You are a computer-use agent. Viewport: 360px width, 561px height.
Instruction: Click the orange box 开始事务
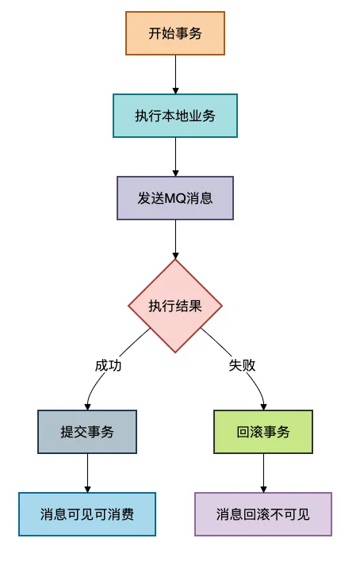[175, 33]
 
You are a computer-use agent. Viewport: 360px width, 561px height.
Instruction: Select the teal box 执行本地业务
[175, 116]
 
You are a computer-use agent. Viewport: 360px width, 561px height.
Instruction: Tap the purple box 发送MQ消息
[175, 197]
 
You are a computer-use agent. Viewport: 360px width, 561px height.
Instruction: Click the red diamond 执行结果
[175, 306]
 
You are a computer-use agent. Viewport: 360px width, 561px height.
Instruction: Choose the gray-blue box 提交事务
[87, 432]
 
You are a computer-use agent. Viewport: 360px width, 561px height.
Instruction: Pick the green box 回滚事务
[263, 432]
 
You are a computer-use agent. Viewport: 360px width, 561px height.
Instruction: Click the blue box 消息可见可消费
[87, 513]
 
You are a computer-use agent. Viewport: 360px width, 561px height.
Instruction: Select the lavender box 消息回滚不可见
[263, 513]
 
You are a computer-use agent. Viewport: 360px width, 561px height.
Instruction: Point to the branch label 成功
[109, 366]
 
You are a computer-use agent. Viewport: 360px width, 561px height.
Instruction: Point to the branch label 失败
[243, 366]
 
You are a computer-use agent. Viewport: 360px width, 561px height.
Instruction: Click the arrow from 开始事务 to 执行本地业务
[175, 74]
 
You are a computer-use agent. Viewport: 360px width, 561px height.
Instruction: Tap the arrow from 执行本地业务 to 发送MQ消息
[175, 156]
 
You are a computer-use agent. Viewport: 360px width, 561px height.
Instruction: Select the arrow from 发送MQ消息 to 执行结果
[175, 238]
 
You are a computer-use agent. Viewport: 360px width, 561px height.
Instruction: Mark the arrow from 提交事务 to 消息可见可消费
[87, 473]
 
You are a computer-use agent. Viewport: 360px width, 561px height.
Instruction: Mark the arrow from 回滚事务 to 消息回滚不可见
[263, 473]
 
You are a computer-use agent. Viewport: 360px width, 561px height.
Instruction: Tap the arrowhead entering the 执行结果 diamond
[175, 254]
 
